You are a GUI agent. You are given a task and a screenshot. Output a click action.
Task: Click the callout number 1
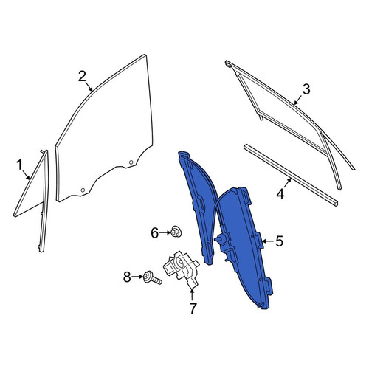(19, 165)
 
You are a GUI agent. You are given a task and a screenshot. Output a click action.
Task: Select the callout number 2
(82, 77)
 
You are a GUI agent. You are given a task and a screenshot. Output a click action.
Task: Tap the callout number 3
(306, 89)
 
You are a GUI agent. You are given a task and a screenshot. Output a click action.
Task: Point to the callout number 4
(280, 194)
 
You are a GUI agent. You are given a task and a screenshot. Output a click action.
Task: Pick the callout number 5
(279, 241)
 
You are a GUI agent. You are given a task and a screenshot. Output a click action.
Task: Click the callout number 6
(154, 232)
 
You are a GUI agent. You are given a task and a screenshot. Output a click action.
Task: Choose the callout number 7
(193, 308)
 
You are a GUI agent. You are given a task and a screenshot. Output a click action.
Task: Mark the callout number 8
(127, 277)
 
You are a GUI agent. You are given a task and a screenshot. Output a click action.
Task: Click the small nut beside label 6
(176, 232)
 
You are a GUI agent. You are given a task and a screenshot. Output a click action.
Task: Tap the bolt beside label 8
(153, 277)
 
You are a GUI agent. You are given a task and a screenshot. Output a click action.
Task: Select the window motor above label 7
(182, 269)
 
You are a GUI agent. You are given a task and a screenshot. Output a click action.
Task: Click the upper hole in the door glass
(131, 162)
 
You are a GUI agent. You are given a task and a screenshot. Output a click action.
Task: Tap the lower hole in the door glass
(83, 190)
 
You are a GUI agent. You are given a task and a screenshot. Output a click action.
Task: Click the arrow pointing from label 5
(268, 241)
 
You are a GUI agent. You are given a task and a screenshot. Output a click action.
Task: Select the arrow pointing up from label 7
(192, 294)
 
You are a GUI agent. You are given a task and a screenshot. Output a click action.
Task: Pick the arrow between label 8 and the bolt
(137, 277)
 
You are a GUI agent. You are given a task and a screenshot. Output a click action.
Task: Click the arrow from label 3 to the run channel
(299, 100)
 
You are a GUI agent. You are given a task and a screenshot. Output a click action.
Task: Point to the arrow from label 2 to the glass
(89, 86)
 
